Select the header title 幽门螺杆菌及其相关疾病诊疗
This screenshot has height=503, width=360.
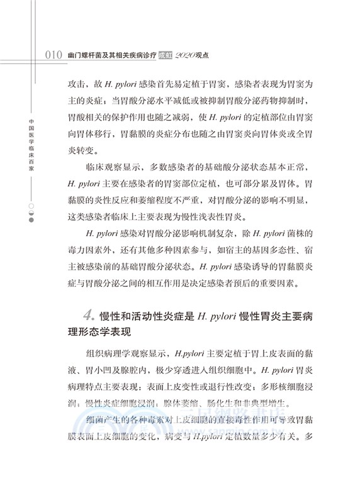[112, 55]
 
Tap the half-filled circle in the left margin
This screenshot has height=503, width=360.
[31, 213]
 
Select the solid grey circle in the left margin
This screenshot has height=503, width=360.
[31, 221]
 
